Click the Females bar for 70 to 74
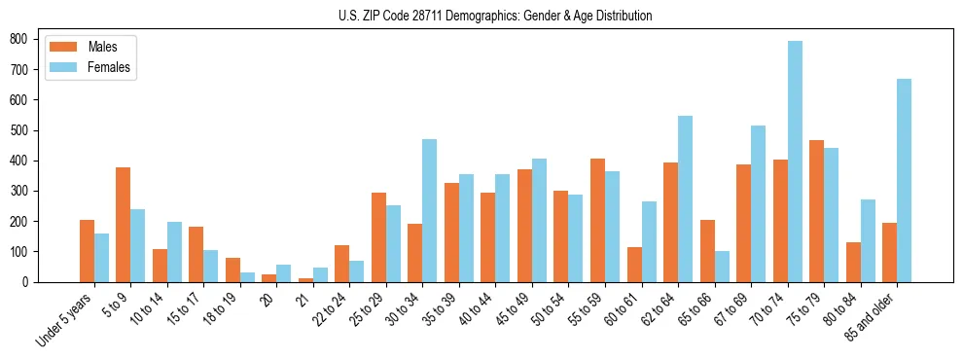point(795,162)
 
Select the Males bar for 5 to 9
point(124,225)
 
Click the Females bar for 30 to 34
point(430,210)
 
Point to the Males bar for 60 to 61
point(634,265)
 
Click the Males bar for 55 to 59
point(597,220)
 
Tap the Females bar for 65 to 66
point(722,267)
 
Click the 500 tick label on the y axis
point(25,130)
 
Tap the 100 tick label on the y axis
point(25,252)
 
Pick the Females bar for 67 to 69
point(758,203)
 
